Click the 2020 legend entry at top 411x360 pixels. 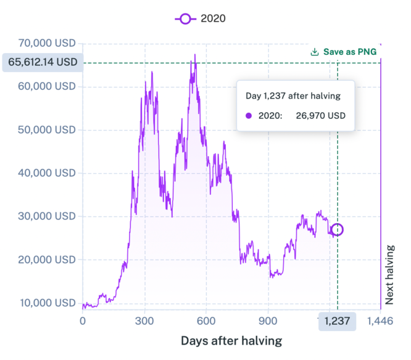pyautogui.click(x=201, y=18)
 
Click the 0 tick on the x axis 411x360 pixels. pyautogui.click(x=83, y=321)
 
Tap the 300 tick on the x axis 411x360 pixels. pyautogui.click(x=144, y=321)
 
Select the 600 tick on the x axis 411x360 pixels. pyautogui.click(x=206, y=321)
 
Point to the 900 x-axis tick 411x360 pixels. pyautogui.click(x=268, y=321)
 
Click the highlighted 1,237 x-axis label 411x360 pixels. pyautogui.click(x=337, y=321)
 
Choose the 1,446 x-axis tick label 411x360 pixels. pyautogui.click(x=380, y=321)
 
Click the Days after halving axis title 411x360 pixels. pyautogui.click(x=231, y=341)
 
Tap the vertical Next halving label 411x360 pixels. pyautogui.click(x=390, y=274)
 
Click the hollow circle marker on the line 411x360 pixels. pyautogui.click(x=337, y=230)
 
